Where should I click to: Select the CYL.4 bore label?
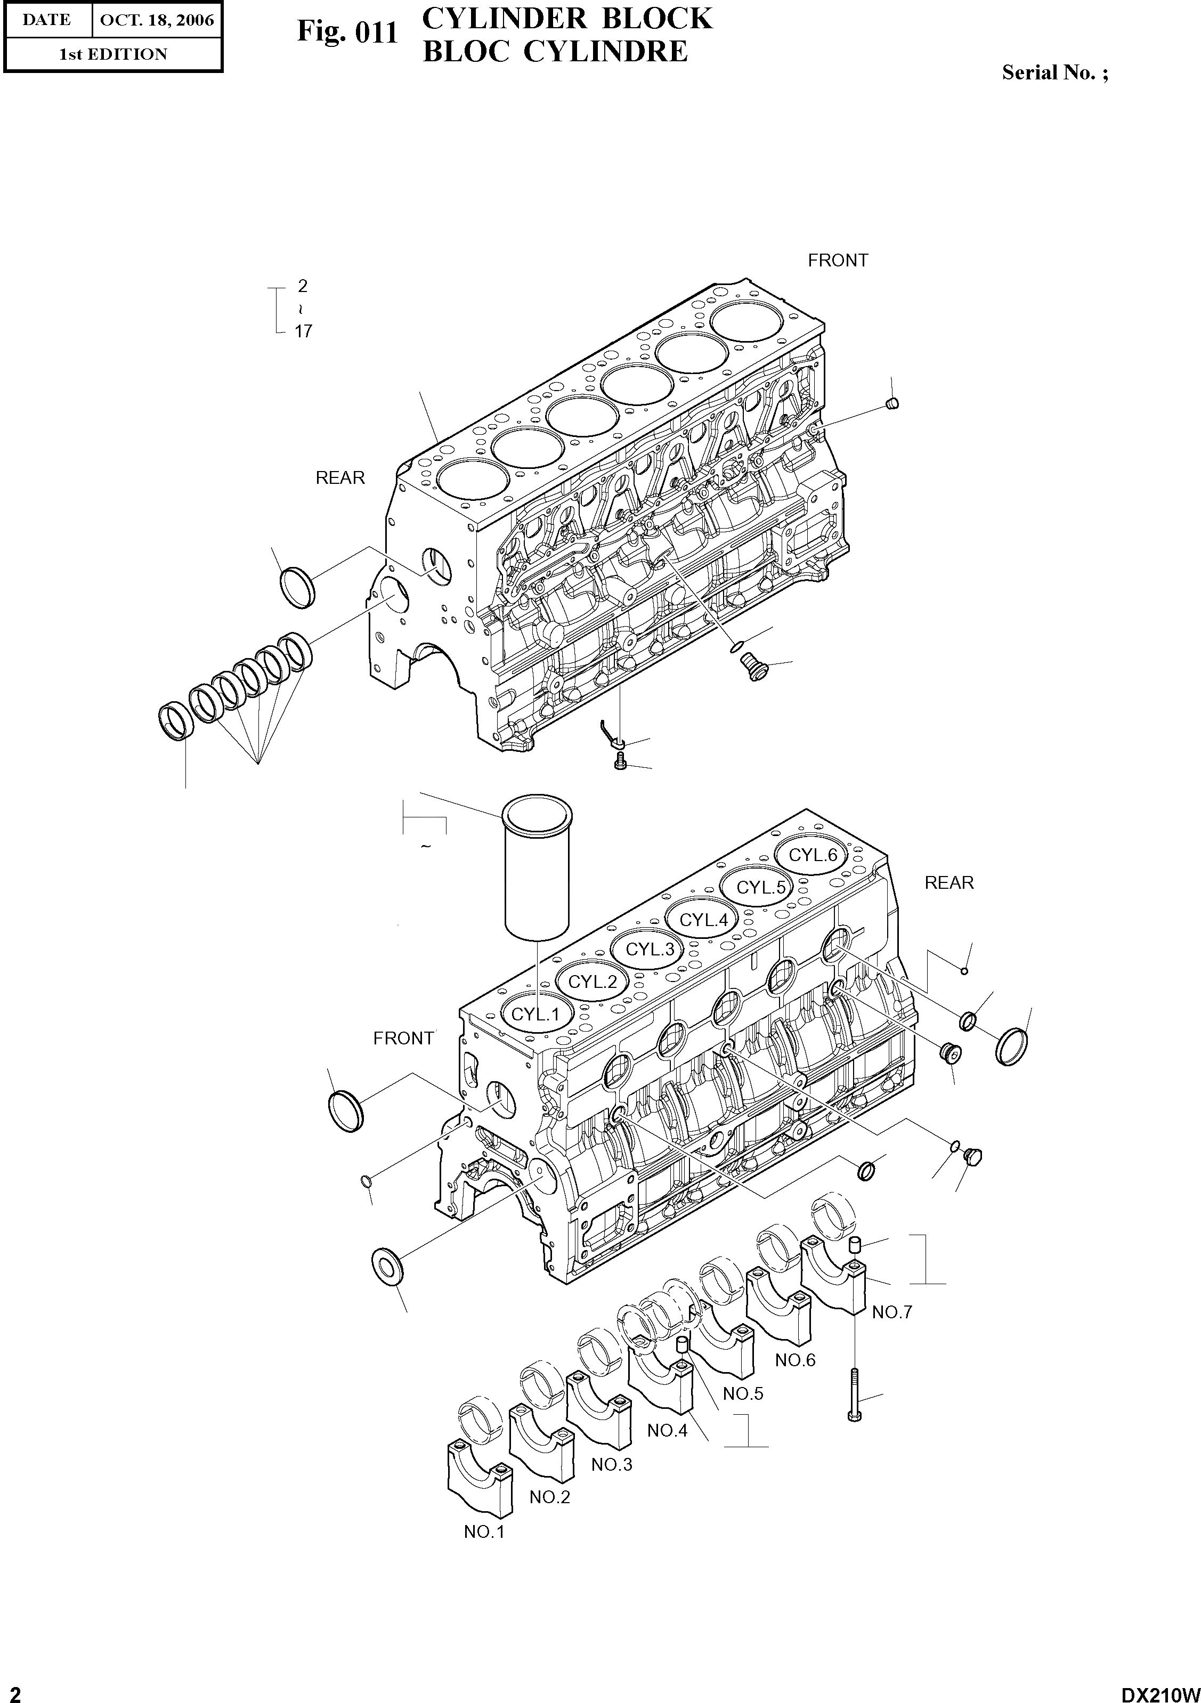704,920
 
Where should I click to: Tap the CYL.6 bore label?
813,855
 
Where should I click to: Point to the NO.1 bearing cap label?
484,1531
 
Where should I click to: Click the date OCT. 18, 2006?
157,20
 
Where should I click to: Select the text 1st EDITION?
113,54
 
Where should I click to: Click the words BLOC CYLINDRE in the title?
555,51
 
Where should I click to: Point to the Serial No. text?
1055,72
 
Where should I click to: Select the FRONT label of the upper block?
838,261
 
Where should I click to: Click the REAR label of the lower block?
949,882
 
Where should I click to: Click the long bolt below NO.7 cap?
855,1393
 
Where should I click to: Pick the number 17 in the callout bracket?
303,331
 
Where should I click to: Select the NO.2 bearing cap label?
550,1497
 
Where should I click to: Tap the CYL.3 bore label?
650,948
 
